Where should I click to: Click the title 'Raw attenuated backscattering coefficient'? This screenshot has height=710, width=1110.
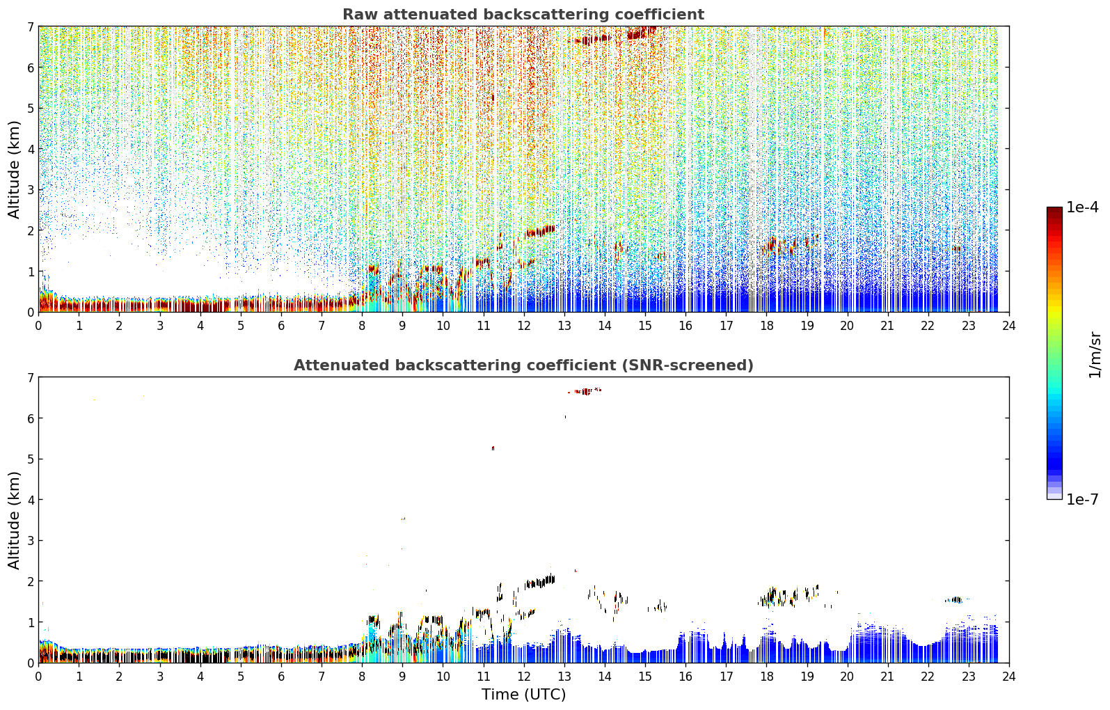pos(523,15)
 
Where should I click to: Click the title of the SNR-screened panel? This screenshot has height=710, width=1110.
pos(523,365)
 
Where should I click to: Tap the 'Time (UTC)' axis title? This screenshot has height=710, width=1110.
pos(523,694)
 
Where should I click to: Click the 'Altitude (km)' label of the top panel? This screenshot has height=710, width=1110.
pos(14,169)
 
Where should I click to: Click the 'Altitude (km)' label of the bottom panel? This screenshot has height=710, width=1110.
pos(14,520)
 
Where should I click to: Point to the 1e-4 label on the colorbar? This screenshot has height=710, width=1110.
pos(1083,207)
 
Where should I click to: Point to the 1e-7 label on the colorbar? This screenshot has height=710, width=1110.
pos(1083,499)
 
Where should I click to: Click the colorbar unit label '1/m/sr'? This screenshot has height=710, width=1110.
pos(1095,356)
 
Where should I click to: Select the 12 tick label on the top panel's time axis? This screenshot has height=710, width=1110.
pos(524,326)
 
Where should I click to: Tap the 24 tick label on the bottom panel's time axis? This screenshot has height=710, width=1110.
pos(1009,677)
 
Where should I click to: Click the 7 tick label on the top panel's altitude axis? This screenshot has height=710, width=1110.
pos(31,26)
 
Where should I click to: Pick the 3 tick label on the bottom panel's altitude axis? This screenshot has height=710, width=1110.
pos(31,540)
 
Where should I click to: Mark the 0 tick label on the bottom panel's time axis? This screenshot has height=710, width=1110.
pos(39,677)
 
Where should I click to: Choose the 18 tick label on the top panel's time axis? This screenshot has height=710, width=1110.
pos(767,326)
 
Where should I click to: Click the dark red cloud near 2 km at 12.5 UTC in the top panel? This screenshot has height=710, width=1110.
pos(540,231)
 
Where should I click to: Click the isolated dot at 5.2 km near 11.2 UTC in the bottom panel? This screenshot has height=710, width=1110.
pos(493,448)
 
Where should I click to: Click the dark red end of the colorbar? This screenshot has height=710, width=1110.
pos(1054,210)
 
